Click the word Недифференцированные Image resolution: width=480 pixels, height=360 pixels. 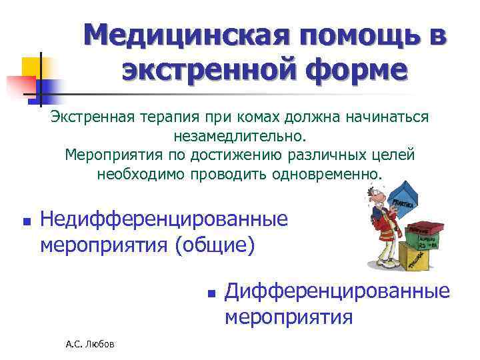(x=165, y=218)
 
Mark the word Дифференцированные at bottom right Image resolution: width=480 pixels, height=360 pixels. (x=337, y=291)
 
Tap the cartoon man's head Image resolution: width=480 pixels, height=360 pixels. (x=375, y=198)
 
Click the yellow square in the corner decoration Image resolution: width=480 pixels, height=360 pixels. (x=31, y=67)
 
